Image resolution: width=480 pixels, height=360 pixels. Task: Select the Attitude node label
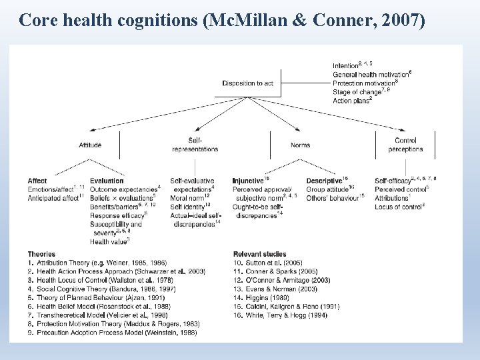click(x=90, y=145)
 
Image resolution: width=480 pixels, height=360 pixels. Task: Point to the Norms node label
click(x=300, y=145)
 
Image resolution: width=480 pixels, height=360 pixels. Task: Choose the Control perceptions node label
click(x=405, y=145)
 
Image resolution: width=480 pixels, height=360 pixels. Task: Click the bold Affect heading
click(x=37, y=181)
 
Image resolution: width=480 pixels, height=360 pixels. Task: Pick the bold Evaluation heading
click(x=107, y=181)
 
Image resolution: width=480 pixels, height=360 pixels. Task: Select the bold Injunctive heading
click(x=248, y=181)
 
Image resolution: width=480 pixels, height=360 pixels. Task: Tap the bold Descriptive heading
click(x=324, y=181)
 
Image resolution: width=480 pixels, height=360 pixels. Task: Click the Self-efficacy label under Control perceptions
click(x=392, y=181)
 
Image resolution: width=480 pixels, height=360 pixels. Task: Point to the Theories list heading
click(x=41, y=254)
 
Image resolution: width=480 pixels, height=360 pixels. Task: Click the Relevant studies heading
click(x=260, y=254)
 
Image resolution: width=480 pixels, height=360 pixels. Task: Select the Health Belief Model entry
click(x=99, y=306)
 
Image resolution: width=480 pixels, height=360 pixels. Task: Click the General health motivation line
click(x=371, y=74)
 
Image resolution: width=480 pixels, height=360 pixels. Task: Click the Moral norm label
click(x=187, y=198)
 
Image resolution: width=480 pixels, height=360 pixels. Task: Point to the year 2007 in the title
click(x=401, y=21)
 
